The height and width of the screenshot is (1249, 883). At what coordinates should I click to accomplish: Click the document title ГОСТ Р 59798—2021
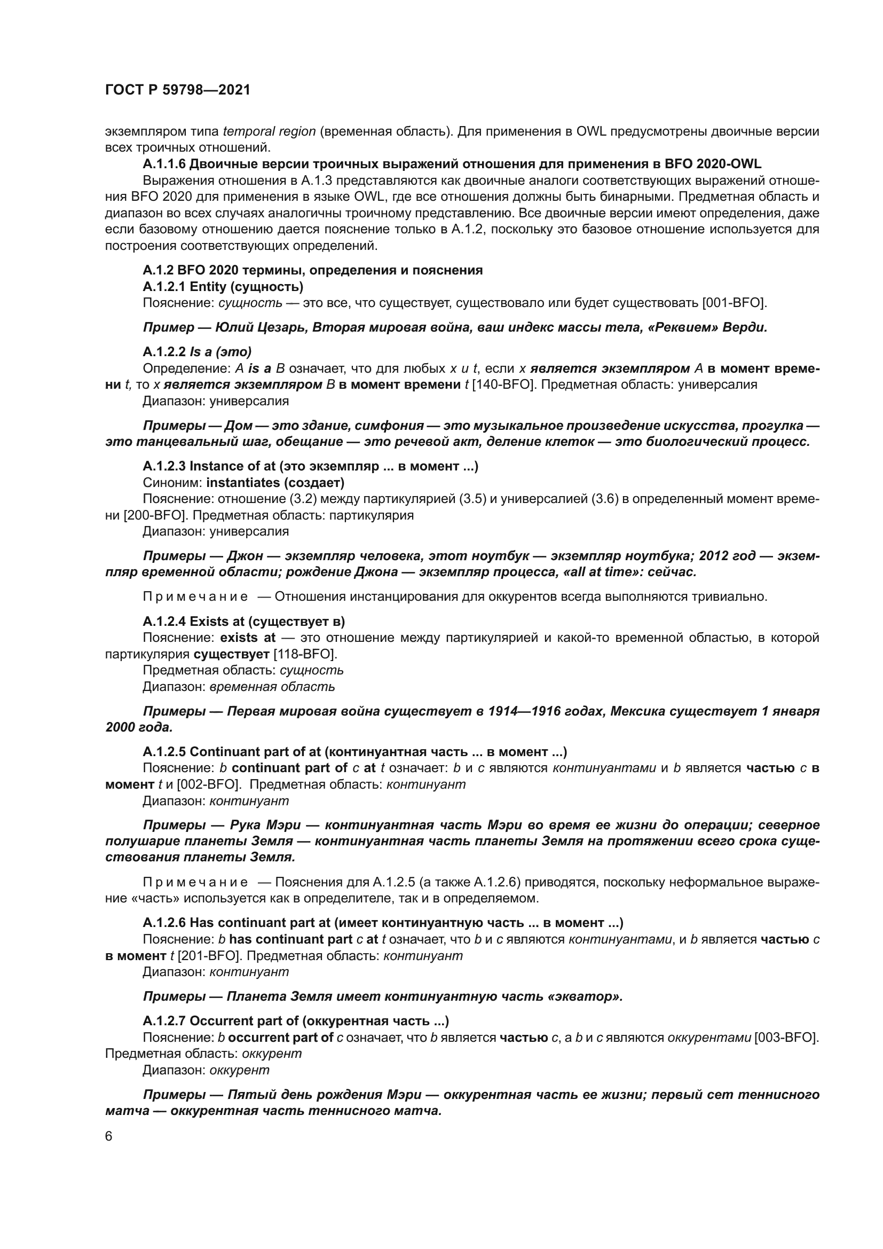[x=177, y=90]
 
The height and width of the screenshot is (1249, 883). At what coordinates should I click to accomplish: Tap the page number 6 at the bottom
[x=109, y=1136]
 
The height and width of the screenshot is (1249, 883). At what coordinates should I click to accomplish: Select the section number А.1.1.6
[x=164, y=164]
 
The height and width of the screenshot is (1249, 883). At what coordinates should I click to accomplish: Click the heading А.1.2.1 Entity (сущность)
[x=223, y=287]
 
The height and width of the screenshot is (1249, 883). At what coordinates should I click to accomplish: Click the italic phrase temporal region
[x=269, y=132]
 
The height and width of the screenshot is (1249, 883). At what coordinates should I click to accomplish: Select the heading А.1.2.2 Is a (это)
[x=197, y=352]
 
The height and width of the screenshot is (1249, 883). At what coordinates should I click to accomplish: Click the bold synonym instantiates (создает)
[x=275, y=483]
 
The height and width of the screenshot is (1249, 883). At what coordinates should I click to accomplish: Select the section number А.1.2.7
[x=164, y=1021]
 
